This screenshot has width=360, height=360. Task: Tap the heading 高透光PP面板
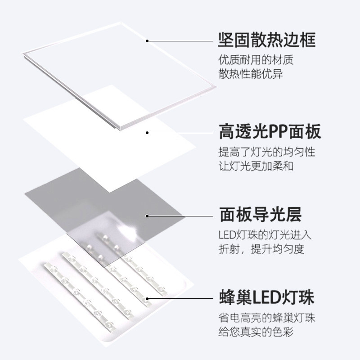tap(270, 133)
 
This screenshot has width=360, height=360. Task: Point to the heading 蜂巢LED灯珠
tap(266, 297)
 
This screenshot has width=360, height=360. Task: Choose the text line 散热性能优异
tap(251, 73)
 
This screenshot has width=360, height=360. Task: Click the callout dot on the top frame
tap(147, 41)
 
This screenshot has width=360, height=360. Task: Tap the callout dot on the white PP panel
tap(147, 132)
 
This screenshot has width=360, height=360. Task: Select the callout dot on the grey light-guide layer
tap(147, 216)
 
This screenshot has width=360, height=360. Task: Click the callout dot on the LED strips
tap(147, 298)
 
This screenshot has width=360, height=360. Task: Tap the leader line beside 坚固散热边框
tap(180, 41)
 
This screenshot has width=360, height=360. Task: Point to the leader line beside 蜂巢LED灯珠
tap(180, 298)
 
